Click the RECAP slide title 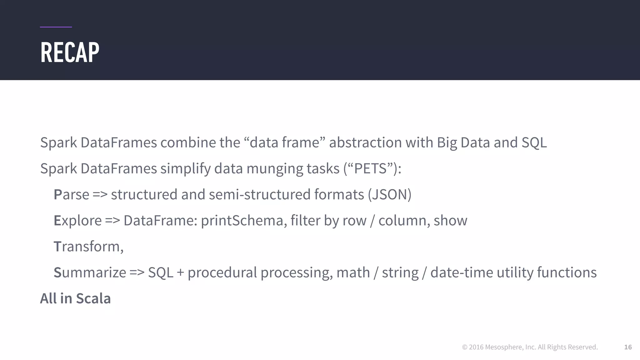pyautogui.click(x=70, y=52)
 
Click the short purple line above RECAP pyautogui.click(x=56, y=27)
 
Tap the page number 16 pyautogui.click(x=628, y=347)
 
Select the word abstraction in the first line pyautogui.click(x=365, y=142)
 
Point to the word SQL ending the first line pyautogui.click(x=534, y=142)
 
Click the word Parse pyautogui.click(x=71, y=195)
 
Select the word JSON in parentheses pyautogui.click(x=389, y=195)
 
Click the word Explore pyautogui.click(x=77, y=221)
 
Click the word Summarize pyautogui.click(x=90, y=272)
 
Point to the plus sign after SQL pyautogui.click(x=180, y=272)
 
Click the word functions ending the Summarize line pyautogui.click(x=567, y=272)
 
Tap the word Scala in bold pyautogui.click(x=93, y=298)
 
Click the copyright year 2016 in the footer pyautogui.click(x=476, y=347)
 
